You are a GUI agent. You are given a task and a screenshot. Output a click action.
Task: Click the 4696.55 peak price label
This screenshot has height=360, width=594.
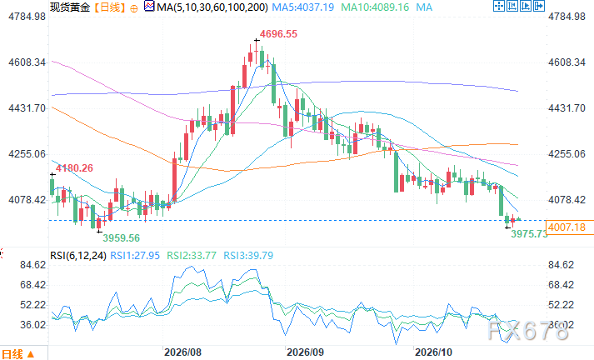(x=278, y=34)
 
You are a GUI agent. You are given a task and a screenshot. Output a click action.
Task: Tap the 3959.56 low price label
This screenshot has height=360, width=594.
(x=122, y=238)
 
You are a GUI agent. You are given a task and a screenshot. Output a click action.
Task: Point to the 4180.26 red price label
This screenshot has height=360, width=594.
(x=74, y=168)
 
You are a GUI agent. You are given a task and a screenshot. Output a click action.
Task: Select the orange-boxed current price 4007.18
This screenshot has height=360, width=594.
(x=567, y=227)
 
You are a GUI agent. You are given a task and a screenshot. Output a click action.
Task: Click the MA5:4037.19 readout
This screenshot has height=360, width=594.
(x=303, y=7)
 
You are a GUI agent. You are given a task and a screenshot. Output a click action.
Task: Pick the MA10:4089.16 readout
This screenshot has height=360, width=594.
(x=375, y=7)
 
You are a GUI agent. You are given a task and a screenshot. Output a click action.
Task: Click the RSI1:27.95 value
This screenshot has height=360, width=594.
(x=135, y=256)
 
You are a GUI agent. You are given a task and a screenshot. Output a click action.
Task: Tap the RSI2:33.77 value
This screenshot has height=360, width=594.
(x=192, y=256)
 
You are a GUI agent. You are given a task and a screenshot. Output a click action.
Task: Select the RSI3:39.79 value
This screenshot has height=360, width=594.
(x=248, y=256)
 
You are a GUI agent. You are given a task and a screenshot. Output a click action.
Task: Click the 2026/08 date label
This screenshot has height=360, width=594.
(x=182, y=352)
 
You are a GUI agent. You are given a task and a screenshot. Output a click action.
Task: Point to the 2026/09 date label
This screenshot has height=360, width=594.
(x=306, y=352)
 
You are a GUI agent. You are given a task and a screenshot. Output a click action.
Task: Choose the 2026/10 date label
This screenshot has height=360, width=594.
(x=433, y=352)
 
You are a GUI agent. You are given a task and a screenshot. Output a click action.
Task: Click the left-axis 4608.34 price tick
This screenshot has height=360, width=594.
(x=27, y=62)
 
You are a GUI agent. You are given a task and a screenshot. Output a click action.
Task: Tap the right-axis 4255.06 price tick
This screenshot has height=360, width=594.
(x=567, y=154)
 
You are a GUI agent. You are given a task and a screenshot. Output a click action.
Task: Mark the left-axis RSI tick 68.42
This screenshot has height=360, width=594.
(x=33, y=285)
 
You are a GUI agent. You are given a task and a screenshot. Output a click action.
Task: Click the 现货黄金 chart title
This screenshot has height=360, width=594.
(x=70, y=7)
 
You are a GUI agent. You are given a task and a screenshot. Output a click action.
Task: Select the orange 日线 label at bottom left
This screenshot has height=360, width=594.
(x=12, y=354)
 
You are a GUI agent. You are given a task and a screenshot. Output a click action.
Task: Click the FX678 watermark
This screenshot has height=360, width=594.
(x=528, y=331)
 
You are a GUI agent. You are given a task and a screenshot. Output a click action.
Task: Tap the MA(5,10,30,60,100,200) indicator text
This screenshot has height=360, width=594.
(x=212, y=7)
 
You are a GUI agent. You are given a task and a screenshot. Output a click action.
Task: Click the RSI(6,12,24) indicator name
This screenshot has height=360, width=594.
(x=78, y=256)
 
